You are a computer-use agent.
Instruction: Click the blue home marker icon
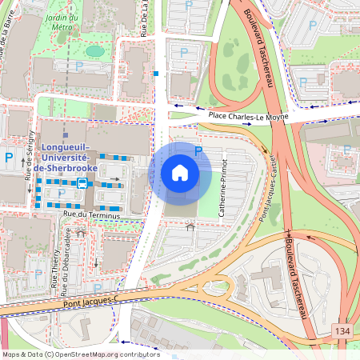click(180, 172)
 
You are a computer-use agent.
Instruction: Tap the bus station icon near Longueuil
click(82, 182)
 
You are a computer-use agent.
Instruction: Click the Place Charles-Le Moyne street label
click(248, 117)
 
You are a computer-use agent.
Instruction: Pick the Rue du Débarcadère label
click(68, 254)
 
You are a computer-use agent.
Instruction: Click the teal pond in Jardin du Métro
click(95, 51)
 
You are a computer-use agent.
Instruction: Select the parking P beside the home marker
click(198, 150)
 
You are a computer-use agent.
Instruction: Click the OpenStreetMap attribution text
click(80, 354)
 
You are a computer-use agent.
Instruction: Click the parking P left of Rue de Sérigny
click(9, 158)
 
